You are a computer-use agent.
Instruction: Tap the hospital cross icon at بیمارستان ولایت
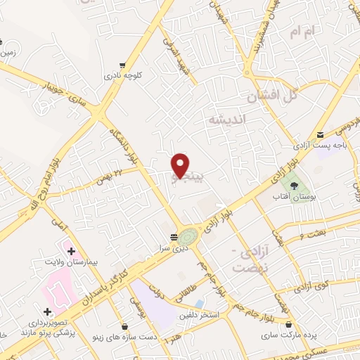click(71, 250)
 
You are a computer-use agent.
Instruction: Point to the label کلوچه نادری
click(123, 74)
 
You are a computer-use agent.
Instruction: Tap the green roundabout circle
click(187, 237)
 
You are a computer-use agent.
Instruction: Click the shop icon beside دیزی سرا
click(174, 237)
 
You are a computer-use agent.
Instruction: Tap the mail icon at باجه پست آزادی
click(320, 135)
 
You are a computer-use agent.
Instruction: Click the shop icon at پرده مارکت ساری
click(289, 324)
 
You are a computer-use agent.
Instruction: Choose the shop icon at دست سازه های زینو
click(124, 327)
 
